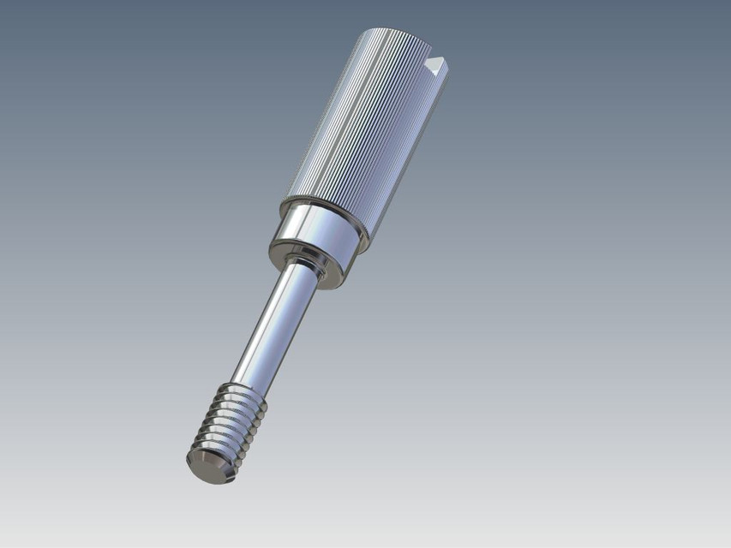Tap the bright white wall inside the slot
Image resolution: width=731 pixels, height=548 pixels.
(438, 63)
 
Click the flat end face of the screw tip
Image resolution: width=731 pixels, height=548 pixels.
(206, 468)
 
